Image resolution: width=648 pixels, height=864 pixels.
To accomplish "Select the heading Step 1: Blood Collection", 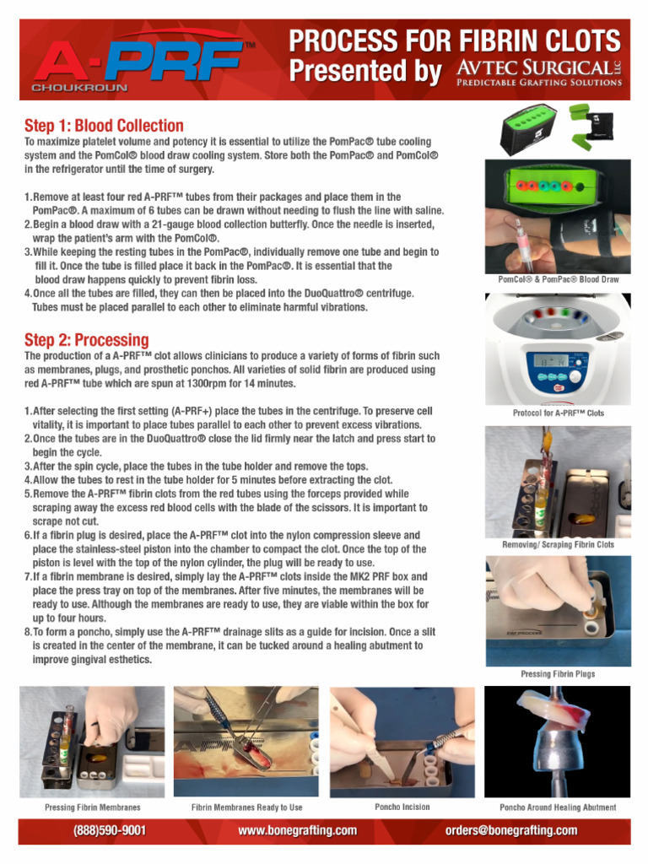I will pos(104,126).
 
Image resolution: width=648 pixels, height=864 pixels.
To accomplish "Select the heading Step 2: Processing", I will pos(86,340).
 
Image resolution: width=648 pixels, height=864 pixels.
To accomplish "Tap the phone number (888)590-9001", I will pos(110,830).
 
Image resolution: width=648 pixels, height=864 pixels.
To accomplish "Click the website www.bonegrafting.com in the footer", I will pos(298,830).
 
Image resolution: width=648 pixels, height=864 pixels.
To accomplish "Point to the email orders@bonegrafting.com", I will pos(511,830).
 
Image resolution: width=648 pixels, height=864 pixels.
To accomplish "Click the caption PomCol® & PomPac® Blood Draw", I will pos(558,279).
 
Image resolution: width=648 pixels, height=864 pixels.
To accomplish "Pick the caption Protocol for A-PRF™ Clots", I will pos(558,413).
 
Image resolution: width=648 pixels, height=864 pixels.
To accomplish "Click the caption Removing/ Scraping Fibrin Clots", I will pos(558,544).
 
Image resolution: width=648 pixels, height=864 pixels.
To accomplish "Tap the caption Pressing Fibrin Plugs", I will pos(558,674).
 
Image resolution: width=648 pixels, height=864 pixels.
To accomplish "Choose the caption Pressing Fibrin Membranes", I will pos(93,807).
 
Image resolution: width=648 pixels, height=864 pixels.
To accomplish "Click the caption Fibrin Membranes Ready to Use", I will pos(246,807).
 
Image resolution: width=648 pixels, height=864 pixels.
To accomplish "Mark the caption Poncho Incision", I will pos(402,807).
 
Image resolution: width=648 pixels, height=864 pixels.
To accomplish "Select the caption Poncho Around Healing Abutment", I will pos(558,807).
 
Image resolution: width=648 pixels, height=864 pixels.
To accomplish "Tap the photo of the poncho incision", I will pos(402,741).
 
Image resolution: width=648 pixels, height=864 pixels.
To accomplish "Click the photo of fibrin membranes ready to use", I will pos(246,741).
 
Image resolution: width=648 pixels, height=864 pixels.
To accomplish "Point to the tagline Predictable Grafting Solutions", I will pos(538,83).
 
